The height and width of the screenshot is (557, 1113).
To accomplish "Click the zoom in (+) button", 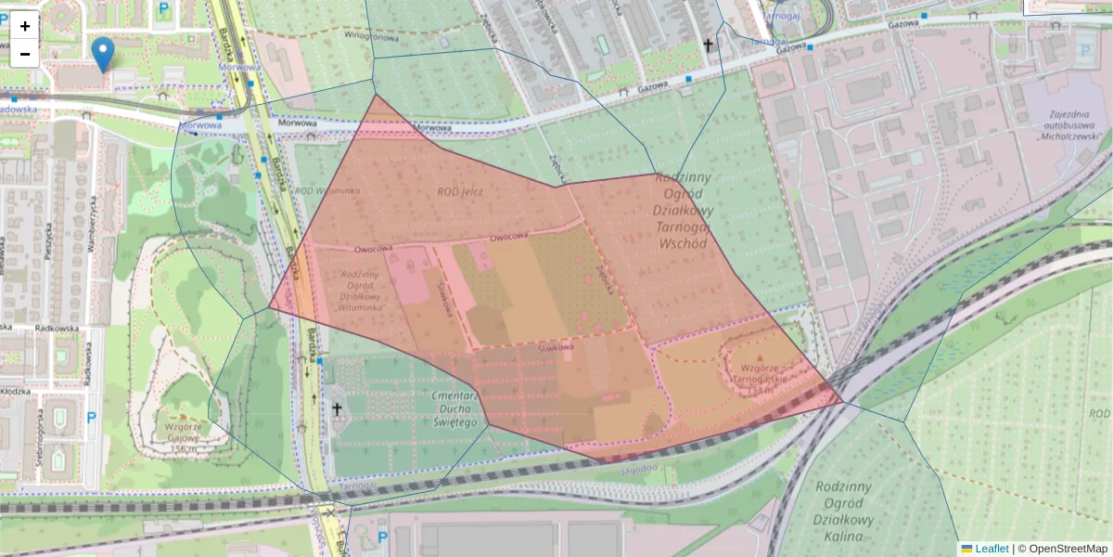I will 25,26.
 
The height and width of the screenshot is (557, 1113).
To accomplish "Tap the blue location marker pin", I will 105,54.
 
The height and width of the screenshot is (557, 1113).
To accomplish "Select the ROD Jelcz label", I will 461,192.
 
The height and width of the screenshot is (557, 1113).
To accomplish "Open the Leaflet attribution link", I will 991,549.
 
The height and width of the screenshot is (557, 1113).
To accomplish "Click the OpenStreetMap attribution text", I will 1068,549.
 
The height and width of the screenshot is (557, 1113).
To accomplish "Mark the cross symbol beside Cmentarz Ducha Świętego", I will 337,408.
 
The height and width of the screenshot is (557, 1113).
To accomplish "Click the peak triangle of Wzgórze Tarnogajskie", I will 761,357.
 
